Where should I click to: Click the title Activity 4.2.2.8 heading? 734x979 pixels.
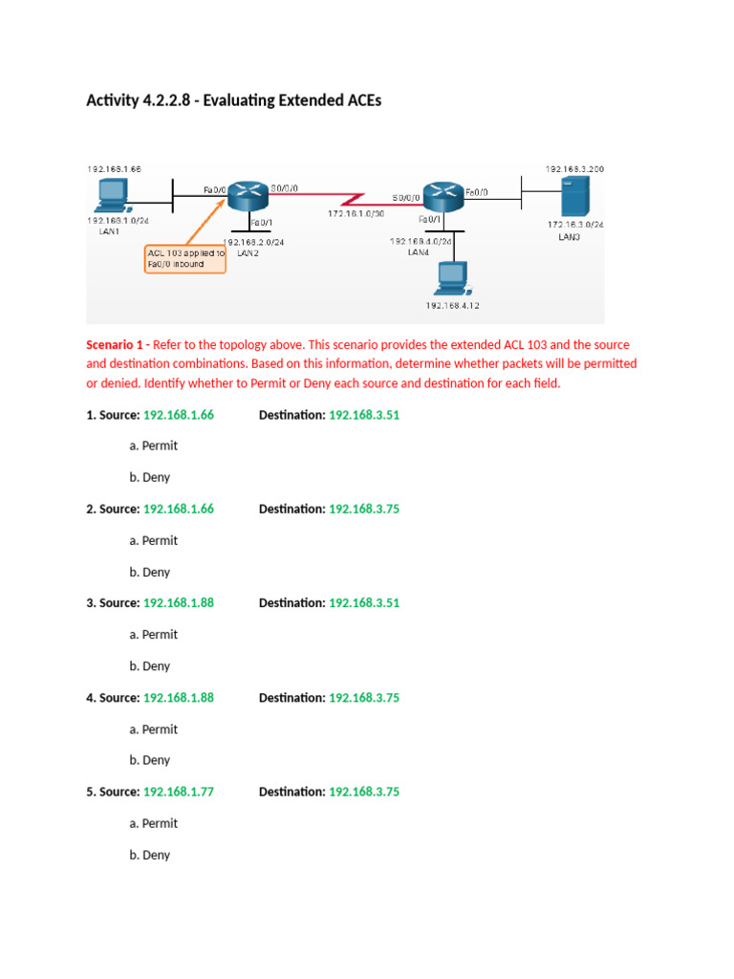233,100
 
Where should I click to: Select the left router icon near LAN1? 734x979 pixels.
248,198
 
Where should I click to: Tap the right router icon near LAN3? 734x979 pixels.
442,198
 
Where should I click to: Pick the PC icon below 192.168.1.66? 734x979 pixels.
113,196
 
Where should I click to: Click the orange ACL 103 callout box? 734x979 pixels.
185,258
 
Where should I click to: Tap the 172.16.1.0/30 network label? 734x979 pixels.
356,214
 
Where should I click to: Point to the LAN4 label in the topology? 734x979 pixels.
419,252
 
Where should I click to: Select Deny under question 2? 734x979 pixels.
156,572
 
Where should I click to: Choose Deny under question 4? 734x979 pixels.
156,760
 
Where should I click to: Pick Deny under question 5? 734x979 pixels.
156,855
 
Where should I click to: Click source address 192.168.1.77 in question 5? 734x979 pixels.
179,792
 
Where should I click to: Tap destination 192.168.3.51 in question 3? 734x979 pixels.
364,603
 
